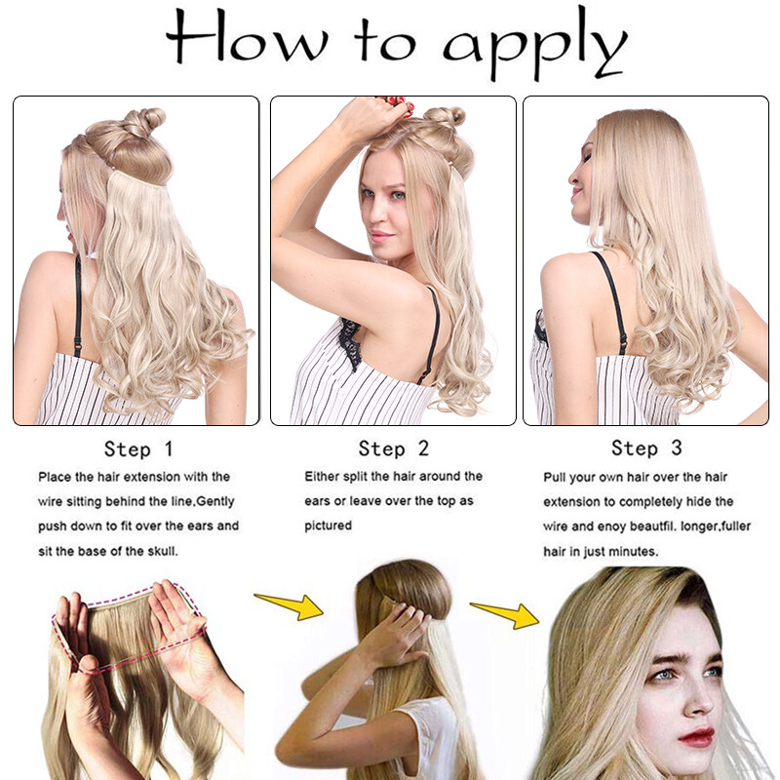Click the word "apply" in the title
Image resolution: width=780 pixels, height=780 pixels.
tap(531, 44)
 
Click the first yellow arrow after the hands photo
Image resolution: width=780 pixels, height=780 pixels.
tap(289, 605)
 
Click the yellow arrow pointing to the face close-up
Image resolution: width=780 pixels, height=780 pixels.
tap(505, 613)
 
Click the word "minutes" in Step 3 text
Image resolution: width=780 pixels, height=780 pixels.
tap(636, 551)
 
